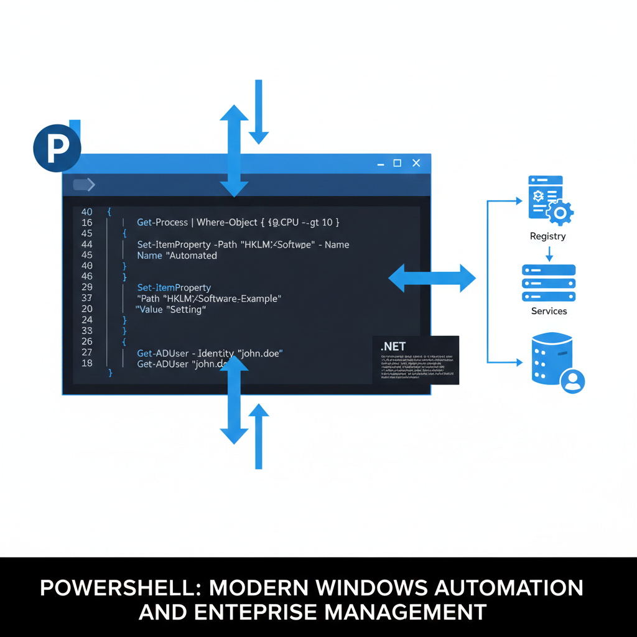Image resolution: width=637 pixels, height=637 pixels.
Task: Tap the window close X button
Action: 416,163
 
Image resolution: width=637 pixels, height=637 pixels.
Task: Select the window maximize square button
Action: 398,163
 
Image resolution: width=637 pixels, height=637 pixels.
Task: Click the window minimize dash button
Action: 381,164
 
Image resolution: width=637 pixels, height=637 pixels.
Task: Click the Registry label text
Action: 548,236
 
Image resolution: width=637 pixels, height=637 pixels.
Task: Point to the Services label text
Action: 549,311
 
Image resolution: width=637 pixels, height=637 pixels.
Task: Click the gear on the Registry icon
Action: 560,213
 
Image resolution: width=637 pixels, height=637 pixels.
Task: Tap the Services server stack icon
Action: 549,283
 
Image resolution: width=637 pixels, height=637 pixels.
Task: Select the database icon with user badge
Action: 553,364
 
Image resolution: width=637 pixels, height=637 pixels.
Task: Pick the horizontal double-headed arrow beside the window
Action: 432,277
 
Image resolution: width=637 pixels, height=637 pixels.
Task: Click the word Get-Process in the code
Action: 162,222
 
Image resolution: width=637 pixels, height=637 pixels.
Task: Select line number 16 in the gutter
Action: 87,223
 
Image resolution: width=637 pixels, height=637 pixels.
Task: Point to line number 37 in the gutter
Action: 87,298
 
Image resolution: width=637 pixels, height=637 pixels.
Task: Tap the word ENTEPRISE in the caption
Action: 256,612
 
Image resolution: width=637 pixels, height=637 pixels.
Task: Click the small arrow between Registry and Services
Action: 549,254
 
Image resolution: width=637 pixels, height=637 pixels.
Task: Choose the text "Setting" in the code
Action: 186,309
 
